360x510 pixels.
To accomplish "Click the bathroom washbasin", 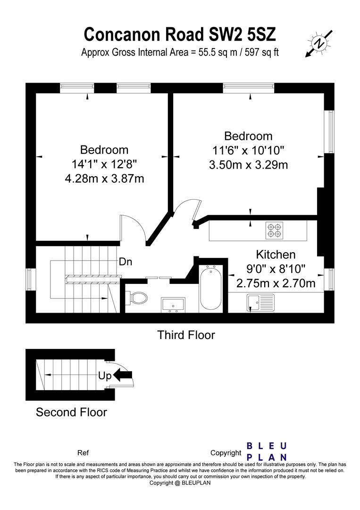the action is point(173,305).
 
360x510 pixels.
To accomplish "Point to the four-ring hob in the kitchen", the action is point(275,230).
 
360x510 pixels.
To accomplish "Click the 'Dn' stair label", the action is point(126,262).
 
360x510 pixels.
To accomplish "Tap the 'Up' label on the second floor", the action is point(105,376).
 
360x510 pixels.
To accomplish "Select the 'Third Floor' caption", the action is point(186,335).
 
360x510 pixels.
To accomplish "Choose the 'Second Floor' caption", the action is point(71,412).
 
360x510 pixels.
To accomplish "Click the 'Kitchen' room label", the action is point(276,254).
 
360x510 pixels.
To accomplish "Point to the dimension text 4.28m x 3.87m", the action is point(104,178).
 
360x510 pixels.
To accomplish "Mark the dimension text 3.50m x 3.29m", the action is point(248,165).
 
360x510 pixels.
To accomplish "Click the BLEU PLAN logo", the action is point(267,451).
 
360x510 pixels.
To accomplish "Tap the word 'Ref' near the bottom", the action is point(83,453).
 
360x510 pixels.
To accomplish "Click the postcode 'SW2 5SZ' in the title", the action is point(242,34).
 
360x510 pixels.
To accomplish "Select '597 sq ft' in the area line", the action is point(261,52).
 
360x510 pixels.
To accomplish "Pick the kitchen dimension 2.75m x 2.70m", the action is point(276,283).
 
